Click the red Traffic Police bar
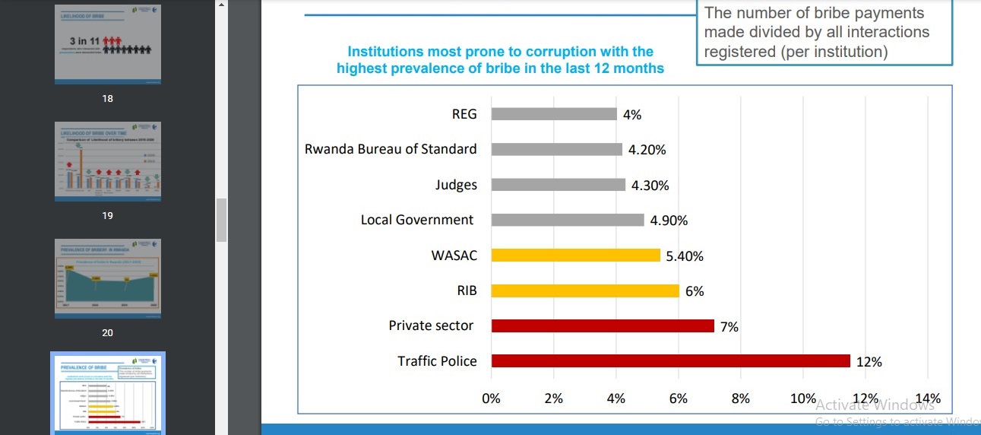tap(670, 361)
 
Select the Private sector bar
tap(603, 325)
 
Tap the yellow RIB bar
tap(585, 291)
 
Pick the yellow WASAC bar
tap(575, 256)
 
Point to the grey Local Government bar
tap(568, 220)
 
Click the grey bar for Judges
tap(559, 185)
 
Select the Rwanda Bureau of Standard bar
tap(557, 149)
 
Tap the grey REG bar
tap(554, 114)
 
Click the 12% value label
tap(869, 362)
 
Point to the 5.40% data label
tap(685, 256)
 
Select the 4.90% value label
tap(669, 221)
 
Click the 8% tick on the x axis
tap(740, 398)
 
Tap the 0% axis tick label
tap(492, 398)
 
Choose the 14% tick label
tap(928, 398)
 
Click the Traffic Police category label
tap(437, 361)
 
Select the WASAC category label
tap(454, 256)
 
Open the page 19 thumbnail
tap(108, 161)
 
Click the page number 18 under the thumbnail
tap(107, 99)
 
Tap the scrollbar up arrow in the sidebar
tap(221, 5)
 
